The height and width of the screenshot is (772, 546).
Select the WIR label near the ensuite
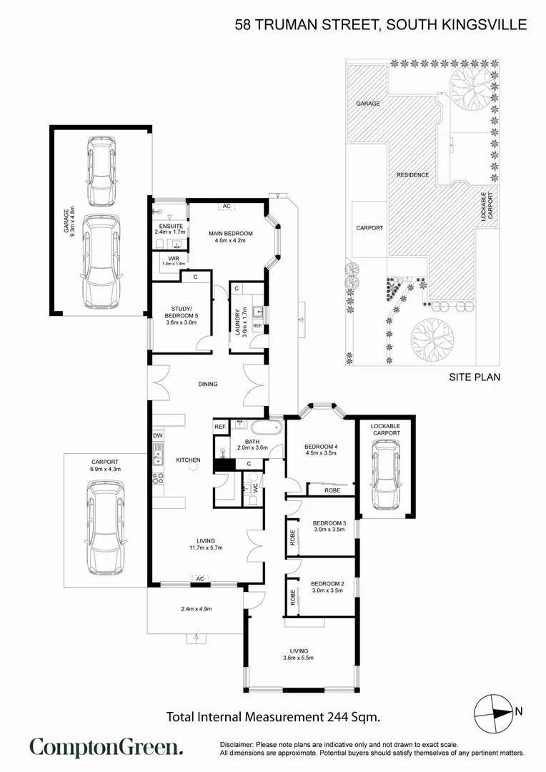pyautogui.click(x=173, y=258)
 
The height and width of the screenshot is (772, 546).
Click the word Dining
pyautogui.click(x=208, y=384)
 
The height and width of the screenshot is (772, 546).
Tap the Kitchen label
pyautogui.click(x=188, y=460)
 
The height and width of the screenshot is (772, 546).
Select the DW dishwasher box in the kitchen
pyautogui.click(x=157, y=435)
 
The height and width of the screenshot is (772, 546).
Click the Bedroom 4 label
pyautogui.click(x=320, y=446)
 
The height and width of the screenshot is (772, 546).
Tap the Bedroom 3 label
pyautogui.click(x=329, y=524)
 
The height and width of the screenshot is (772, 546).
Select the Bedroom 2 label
pyautogui.click(x=327, y=584)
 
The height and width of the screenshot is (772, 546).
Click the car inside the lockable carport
pyautogui.click(x=385, y=474)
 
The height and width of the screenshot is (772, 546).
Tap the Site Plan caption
pyautogui.click(x=474, y=377)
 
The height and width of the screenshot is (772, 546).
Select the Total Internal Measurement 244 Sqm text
pyautogui.click(x=272, y=716)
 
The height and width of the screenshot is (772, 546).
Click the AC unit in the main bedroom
pyautogui.click(x=227, y=207)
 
